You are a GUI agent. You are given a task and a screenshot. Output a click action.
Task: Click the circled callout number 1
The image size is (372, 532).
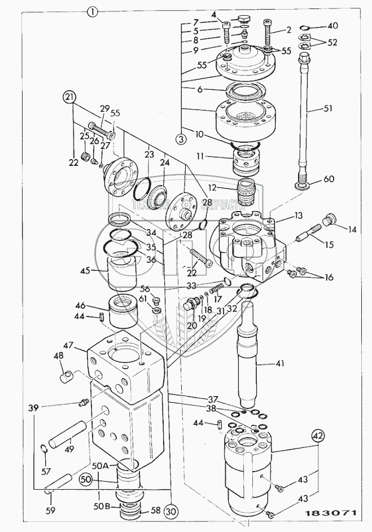click(x=92, y=10)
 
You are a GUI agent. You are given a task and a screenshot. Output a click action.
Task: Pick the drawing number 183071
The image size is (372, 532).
click(x=333, y=514)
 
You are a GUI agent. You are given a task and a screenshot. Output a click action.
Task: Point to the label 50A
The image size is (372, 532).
click(x=101, y=465)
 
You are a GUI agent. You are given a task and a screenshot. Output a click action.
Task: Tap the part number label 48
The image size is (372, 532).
click(x=58, y=357)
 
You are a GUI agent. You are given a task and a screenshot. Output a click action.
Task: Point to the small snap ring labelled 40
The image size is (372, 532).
click(x=303, y=28)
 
